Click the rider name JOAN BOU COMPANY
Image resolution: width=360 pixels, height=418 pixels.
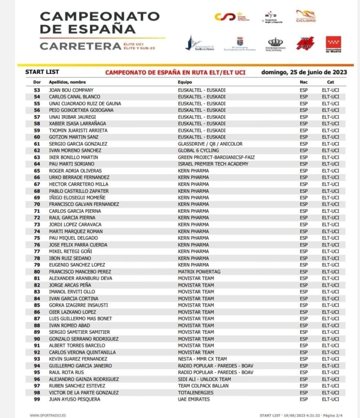pos(71,90)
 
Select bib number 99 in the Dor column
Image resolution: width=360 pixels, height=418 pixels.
pos(37,399)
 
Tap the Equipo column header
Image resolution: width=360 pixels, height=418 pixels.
pos(185,82)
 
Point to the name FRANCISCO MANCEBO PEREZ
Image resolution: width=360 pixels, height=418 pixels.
pos(80,272)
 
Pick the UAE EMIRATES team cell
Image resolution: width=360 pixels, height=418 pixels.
pos(194,399)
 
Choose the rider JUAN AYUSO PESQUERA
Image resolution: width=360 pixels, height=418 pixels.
pos(74,399)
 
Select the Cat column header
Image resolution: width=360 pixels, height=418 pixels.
pos(330,82)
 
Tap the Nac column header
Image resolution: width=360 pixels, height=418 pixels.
pos(304,82)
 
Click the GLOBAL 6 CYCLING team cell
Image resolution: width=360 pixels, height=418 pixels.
pos(198,150)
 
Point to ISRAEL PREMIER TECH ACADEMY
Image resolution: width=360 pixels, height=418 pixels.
pos(213,164)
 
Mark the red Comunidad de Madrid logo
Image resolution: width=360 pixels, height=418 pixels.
pos(333,44)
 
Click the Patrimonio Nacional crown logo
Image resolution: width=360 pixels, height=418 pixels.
pos(276,44)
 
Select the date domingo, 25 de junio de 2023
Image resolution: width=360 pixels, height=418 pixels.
pos(304,72)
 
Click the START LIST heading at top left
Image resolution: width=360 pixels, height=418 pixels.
pos(42,72)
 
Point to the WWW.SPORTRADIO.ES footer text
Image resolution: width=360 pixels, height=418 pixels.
pos(47,415)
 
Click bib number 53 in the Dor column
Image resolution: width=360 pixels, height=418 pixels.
pos(37,90)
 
